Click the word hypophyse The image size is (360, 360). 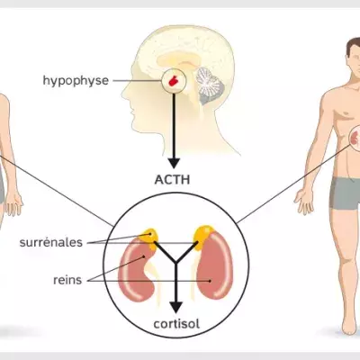(76, 81)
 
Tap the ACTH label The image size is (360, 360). (172, 180)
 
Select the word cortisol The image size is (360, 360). (176, 324)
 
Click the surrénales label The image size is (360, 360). (51, 242)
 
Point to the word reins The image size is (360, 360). (67, 280)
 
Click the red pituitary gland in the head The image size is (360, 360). (174, 81)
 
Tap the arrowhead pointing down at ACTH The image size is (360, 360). (174, 163)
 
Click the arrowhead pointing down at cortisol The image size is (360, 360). (176, 308)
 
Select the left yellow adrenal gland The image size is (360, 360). (149, 238)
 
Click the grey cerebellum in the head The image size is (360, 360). (210, 85)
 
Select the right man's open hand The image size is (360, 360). (304, 202)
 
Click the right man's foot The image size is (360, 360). (349, 326)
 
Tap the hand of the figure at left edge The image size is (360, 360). (13, 204)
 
